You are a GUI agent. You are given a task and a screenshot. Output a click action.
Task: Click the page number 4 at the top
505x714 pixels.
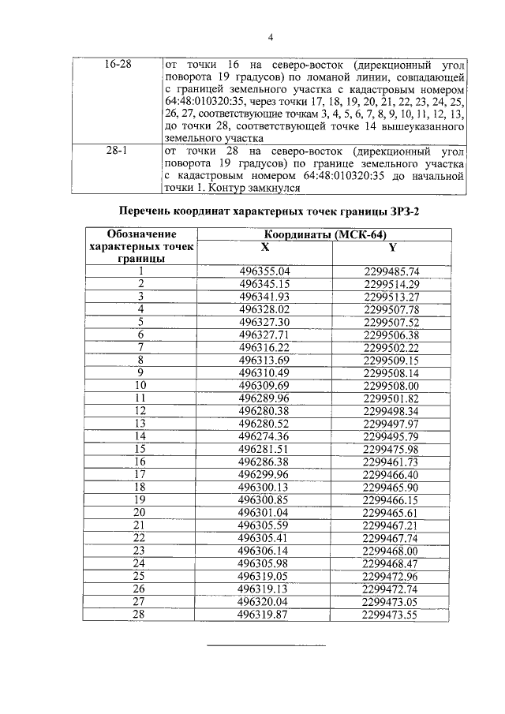[271, 37]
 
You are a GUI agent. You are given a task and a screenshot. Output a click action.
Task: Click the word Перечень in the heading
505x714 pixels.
[149, 211]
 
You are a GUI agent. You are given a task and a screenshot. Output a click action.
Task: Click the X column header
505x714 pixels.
[264, 248]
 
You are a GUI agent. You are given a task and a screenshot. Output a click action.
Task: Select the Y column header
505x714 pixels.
[392, 248]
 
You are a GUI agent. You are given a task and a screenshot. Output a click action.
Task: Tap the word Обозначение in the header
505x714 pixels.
[141, 235]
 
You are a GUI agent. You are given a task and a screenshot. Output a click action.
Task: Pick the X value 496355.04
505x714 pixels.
[264, 272]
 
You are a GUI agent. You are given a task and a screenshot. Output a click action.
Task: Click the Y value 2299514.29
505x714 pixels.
[392, 284]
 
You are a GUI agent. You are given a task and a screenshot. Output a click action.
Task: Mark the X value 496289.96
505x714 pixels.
[264, 398]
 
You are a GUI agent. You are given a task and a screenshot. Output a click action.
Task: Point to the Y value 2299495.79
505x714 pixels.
[392, 436]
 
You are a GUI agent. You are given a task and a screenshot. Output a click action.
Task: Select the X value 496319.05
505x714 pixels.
[264, 576]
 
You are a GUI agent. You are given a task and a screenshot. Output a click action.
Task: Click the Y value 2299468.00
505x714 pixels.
[392, 551]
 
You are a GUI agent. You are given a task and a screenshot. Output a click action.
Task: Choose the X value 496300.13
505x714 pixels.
[264, 488]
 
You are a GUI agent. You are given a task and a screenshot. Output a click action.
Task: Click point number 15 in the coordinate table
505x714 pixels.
[140, 449]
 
